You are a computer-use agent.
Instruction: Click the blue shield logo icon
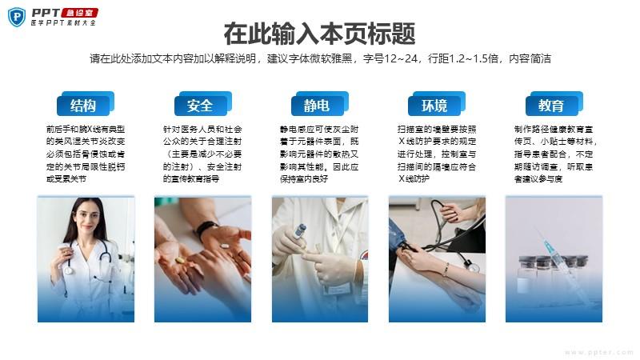click(x=17, y=17)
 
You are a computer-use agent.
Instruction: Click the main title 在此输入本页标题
click(x=319, y=34)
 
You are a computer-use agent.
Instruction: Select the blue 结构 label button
click(x=86, y=104)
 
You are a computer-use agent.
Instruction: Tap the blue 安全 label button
click(x=203, y=104)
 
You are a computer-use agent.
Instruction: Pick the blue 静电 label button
click(x=319, y=104)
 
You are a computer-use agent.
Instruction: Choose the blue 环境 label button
click(x=437, y=104)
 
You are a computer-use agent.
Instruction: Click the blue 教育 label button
click(x=554, y=104)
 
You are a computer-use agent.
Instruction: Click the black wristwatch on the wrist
click(x=206, y=228)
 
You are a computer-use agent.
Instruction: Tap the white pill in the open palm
click(x=225, y=246)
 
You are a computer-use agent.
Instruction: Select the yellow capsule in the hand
click(x=180, y=260)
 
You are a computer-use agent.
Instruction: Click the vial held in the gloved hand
click(x=301, y=231)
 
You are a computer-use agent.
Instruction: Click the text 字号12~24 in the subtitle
click(x=390, y=58)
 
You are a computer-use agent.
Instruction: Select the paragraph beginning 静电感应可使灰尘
click(x=319, y=154)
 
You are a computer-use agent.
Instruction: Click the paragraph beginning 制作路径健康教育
click(x=555, y=154)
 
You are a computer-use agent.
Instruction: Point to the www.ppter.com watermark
click(x=598, y=352)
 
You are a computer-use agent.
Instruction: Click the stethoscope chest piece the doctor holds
click(x=69, y=270)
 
